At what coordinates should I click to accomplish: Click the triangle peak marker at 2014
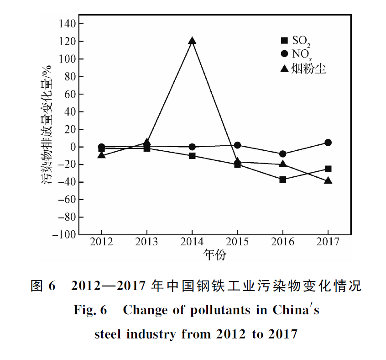(192, 41)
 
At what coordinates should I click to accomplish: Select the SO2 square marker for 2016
(283, 179)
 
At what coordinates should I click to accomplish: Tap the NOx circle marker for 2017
(328, 143)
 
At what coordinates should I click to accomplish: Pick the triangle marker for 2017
(328, 180)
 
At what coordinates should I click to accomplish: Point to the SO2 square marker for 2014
(192, 156)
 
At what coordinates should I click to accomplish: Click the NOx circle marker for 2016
(283, 154)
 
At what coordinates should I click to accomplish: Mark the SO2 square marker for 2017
(328, 169)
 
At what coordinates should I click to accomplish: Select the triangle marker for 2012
(101, 155)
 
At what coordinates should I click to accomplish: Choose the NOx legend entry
(296, 55)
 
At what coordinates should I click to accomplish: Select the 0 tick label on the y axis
(72, 147)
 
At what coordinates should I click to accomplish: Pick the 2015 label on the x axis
(237, 243)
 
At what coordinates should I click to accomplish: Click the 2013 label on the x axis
(147, 243)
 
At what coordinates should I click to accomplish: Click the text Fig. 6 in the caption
(90, 311)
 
